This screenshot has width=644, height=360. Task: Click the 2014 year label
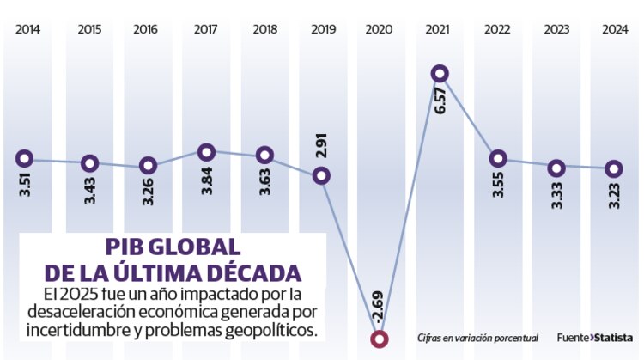coord(27,28)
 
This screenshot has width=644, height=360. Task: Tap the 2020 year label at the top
coord(379,28)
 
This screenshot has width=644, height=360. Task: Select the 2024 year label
coord(613,28)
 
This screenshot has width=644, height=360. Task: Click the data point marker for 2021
coord(440,75)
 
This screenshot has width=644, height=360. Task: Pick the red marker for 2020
coord(379,339)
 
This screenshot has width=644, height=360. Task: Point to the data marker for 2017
coord(206,152)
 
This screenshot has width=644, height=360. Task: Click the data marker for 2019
coord(321,175)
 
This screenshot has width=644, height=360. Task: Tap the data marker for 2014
coord(24,158)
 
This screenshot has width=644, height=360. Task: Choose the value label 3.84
coord(207,180)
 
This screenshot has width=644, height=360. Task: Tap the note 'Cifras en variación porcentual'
coord(477,338)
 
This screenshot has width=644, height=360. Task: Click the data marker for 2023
coord(556,167)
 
